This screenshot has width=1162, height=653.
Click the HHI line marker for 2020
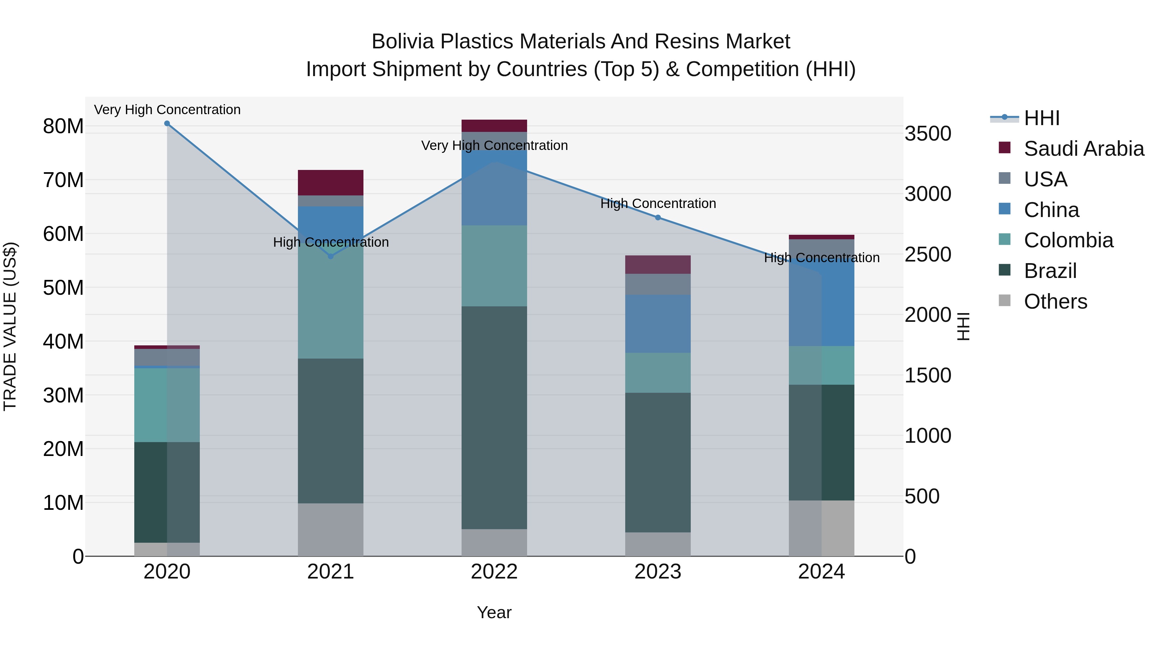pos(167,124)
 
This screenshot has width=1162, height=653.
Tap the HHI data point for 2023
pos(658,218)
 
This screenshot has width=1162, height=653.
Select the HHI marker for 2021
pos(331,256)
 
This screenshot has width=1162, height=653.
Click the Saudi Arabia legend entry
pos(1084,149)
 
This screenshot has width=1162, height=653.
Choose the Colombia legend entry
pos(1068,240)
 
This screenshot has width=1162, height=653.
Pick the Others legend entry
pos(1055,302)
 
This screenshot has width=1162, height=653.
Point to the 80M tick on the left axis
pos(63,127)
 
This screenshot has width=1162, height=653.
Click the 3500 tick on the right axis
pos(928,134)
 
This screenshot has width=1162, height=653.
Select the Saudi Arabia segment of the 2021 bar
pos(331,183)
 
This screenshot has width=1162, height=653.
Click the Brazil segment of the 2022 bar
pos(494,417)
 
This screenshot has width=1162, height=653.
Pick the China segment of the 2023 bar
pos(658,323)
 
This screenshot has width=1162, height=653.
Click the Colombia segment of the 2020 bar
pos(167,405)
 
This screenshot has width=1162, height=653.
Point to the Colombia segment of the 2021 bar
pos(331,306)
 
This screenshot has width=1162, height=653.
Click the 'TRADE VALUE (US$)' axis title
pos(10,326)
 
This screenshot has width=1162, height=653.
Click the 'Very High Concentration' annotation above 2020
pos(167,110)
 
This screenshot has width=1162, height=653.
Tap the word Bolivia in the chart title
pos(403,42)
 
